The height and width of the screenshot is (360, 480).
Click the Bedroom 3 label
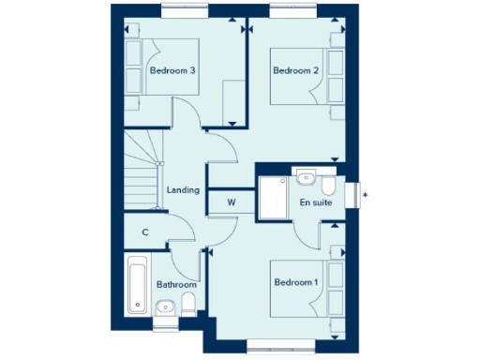tap(172, 70)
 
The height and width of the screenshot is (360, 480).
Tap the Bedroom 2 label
tap(294, 70)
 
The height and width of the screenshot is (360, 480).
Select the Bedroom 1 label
tap(296, 281)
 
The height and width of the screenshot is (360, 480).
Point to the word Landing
tap(182, 190)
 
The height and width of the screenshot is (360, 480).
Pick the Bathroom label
tap(176, 284)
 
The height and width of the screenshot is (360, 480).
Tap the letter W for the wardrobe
tap(231, 201)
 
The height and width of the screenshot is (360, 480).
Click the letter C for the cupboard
tap(145, 232)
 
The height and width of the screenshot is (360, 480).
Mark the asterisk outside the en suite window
tap(365, 195)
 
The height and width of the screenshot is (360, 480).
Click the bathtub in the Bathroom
tap(137, 285)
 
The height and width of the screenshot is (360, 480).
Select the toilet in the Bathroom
tap(187, 303)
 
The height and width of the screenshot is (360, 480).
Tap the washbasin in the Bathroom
tap(165, 306)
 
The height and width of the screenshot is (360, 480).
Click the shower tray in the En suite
tap(276, 196)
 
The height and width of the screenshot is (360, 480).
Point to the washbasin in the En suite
tap(306, 176)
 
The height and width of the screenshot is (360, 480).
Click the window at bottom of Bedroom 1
tap(278, 351)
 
